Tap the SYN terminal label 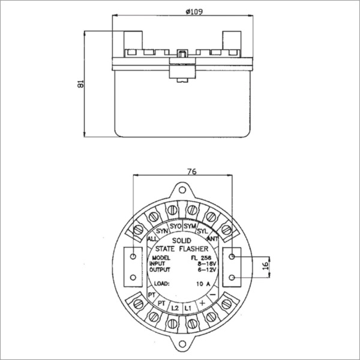[x=161, y=230]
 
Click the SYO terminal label [x=175, y=227]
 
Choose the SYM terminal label [x=190, y=227]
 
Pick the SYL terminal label [x=203, y=230]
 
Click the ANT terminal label [x=214, y=238]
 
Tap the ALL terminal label [x=152, y=238]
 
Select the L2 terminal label [x=175, y=308]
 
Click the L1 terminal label [x=188, y=308]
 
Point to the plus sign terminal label [x=202, y=305]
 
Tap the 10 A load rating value [x=204, y=283]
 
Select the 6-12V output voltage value [x=205, y=270]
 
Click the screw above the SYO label [x=173, y=210]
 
